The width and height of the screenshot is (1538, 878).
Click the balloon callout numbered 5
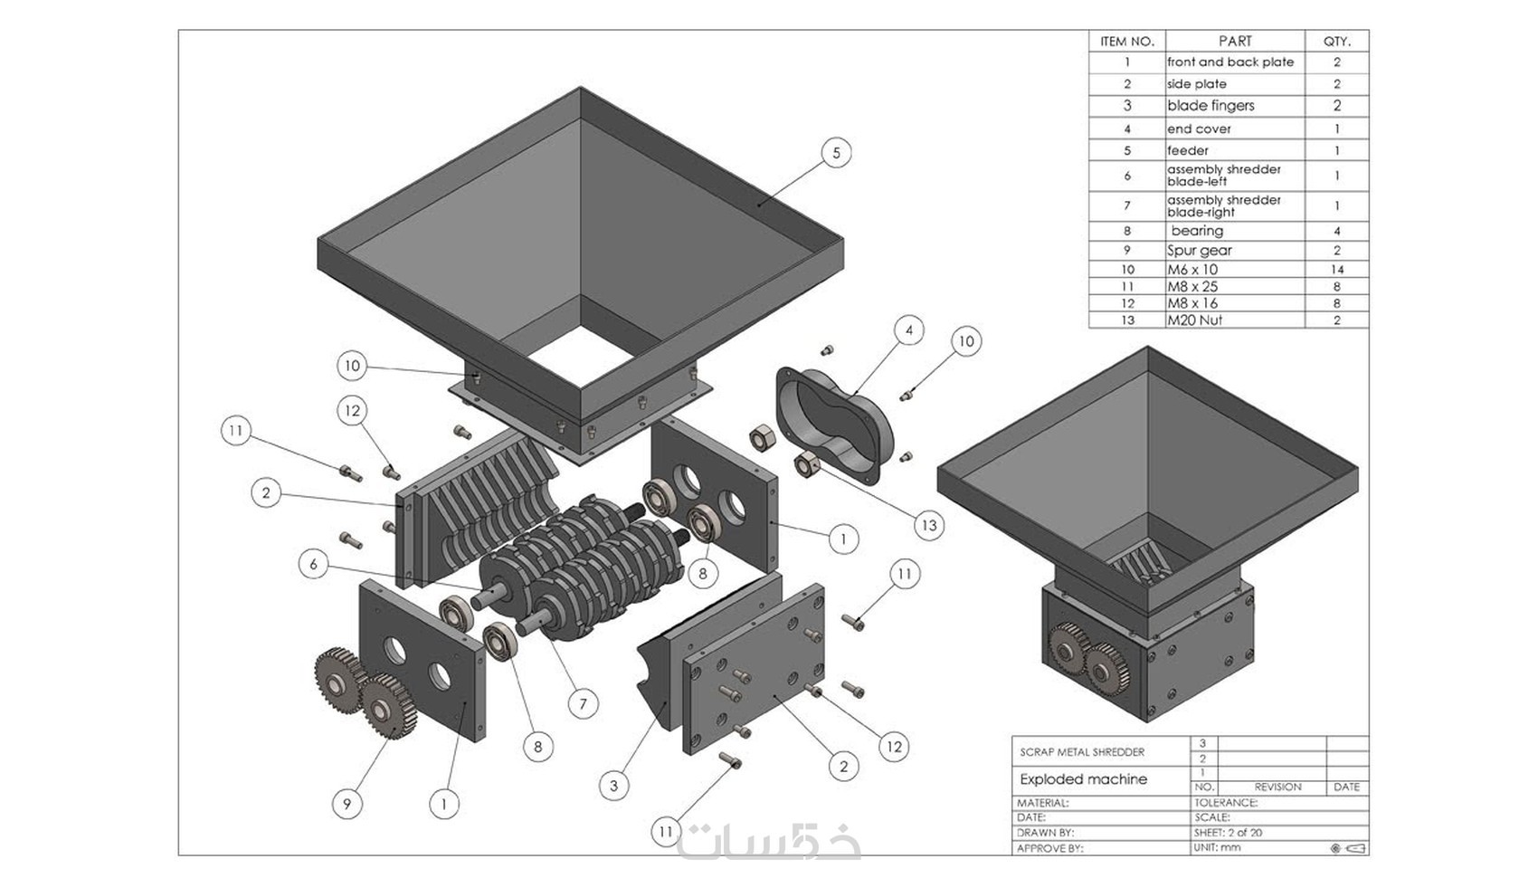click(836, 153)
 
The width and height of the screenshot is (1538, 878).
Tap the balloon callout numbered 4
click(909, 330)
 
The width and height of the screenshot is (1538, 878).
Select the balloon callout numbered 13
click(929, 525)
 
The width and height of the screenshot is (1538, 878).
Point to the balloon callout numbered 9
click(347, 803)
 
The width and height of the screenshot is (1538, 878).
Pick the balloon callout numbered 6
click(313, 565)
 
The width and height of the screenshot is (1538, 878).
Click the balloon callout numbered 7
click(583, 703)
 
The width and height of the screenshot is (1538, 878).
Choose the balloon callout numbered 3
click(614, 785)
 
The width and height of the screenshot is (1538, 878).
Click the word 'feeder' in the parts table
click(1187, 150)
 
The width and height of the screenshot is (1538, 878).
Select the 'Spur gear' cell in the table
click(1199, 251)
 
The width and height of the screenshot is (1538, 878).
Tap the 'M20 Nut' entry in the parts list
click(1194, 320)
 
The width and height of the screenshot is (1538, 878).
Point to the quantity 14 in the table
click(1336, 270)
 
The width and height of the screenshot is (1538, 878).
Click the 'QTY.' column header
click(1336, 42)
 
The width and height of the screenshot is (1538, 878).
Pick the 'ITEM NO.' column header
click(1126, 42)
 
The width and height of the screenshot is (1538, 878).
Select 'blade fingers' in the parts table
click(1210, 106)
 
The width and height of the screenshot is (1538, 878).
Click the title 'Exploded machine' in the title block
click(1083, 779)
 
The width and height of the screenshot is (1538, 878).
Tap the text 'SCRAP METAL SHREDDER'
click(1082, 752)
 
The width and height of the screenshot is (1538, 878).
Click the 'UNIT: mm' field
click(1217, 848)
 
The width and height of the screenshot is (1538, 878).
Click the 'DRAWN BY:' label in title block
click(1045, 833)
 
